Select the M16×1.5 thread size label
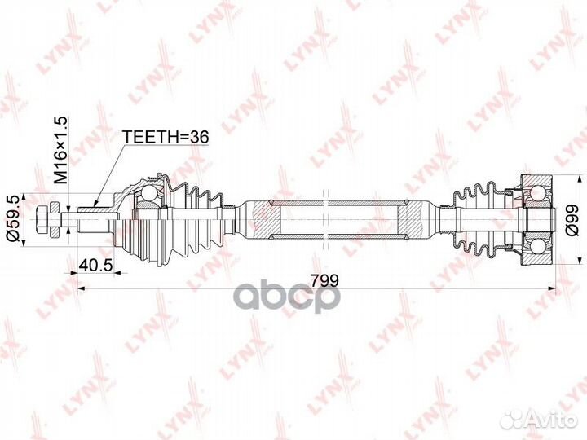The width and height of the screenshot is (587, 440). [60, 149]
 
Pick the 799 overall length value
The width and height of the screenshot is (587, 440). [323, 279]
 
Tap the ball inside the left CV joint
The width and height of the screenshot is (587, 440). [148, 194]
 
